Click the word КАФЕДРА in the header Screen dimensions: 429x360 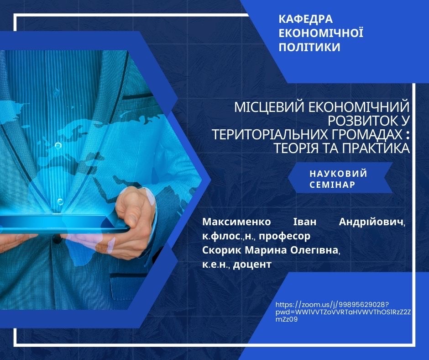tap(306, 19)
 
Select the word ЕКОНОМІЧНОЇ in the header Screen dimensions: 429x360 tap(321, 32)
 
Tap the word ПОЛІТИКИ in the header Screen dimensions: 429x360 tap(309, 47)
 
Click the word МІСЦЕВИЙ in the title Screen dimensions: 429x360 tap(269, 107)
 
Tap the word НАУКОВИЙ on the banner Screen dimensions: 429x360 tap(339, 174)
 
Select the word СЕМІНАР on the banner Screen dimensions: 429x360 tap(332, 185)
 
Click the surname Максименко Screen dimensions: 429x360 tap(237, 222)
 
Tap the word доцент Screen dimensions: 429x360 tap(252, 265)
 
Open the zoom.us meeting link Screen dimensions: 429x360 tap(343, 312)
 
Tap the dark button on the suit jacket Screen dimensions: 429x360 tap(57, 239)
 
